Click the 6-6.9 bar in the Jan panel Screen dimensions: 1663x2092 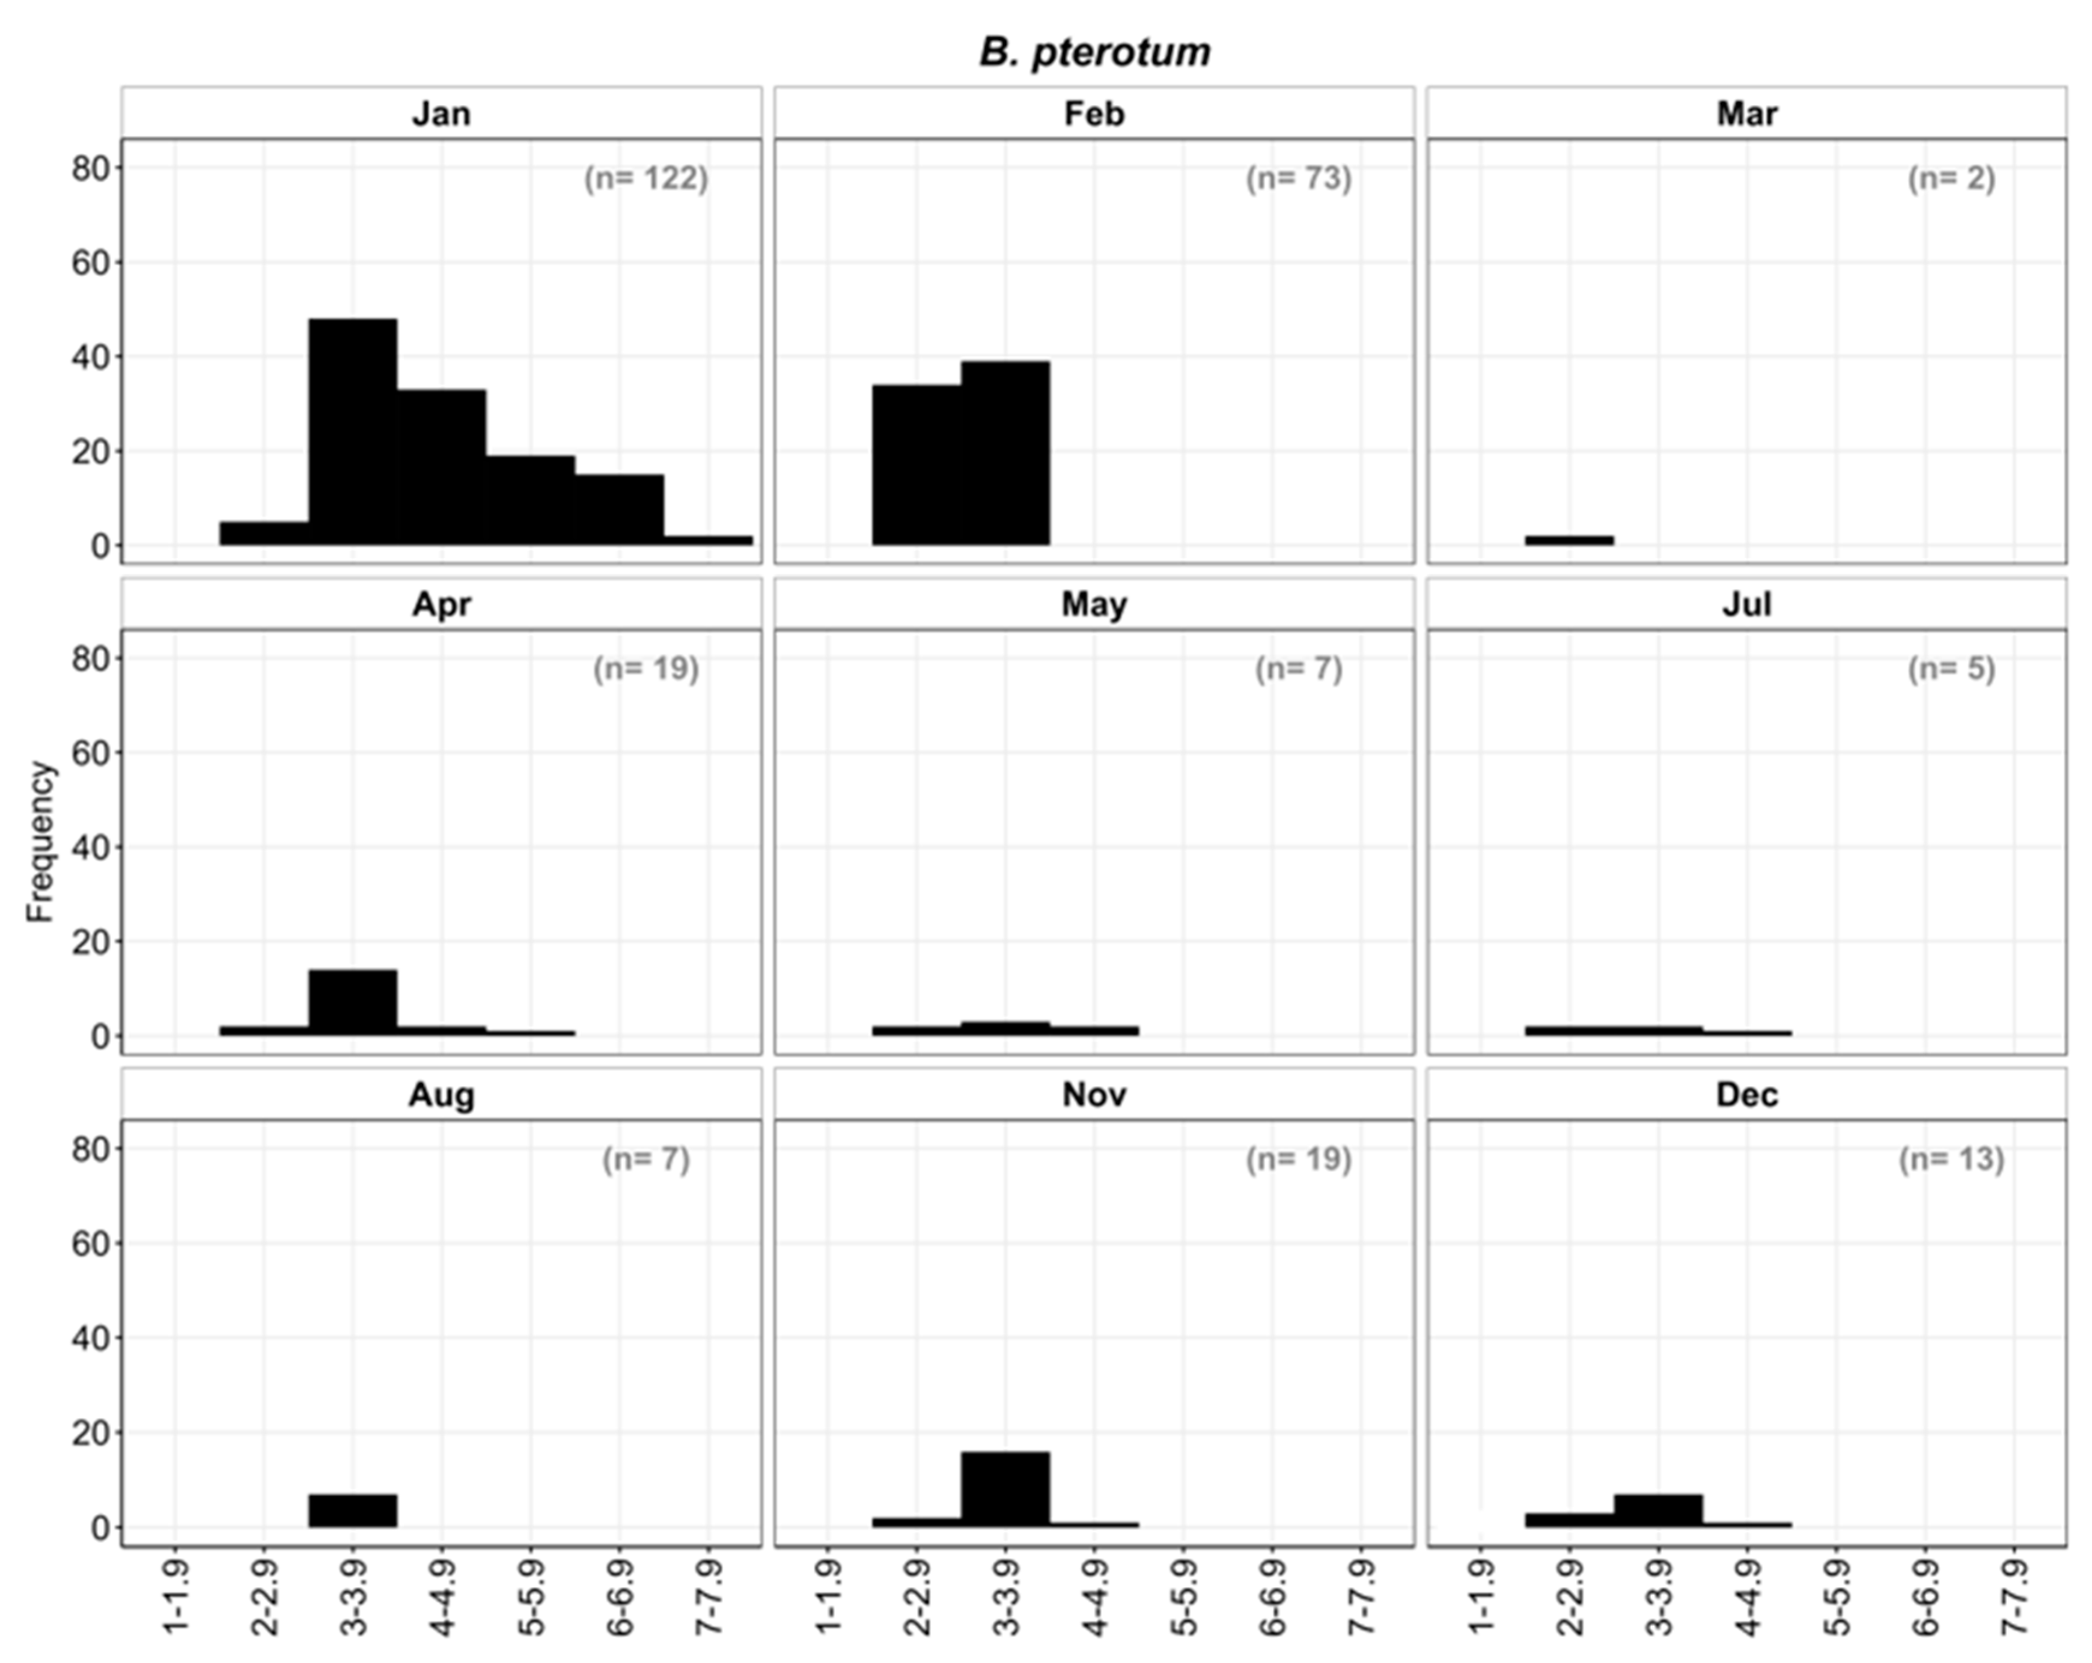(619, 509)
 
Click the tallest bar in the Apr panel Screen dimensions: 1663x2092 (353, 1002)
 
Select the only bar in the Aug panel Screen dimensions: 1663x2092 (353, 1510)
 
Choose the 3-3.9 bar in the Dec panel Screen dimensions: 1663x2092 (1658, 1510)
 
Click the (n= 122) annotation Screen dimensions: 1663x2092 (646, 178)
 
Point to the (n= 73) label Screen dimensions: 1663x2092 (1298, 178)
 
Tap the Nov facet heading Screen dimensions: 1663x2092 (1094, 1095)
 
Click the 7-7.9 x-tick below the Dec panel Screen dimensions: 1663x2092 (2015, 1596)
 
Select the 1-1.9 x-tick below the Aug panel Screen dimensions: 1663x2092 (175, 1596)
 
